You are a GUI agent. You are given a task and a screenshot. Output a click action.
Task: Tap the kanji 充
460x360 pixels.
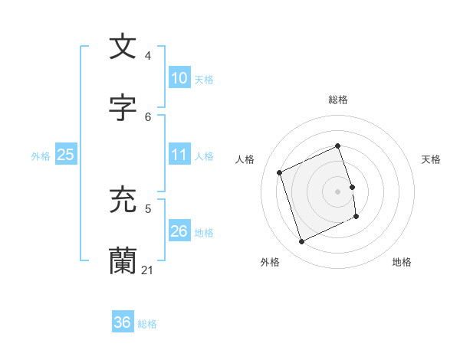pos(123,200)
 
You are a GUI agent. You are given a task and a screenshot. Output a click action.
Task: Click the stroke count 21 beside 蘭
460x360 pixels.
pos(148,270)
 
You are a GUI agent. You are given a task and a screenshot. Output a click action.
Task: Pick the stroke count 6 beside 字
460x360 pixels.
pos(148,116)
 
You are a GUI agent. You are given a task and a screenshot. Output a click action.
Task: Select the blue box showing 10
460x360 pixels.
pos(179,78)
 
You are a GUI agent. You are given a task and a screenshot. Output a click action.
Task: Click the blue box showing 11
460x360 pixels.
pos(179,155)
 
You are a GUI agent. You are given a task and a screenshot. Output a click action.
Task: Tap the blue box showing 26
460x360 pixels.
pos(179,231)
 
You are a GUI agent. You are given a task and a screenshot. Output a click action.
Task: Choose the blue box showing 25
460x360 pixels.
pos(66,155)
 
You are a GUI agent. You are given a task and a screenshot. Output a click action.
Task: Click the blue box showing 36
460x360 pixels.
pos(123,322)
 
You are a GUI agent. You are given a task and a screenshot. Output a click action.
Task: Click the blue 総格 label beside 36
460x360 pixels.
pos(147,324)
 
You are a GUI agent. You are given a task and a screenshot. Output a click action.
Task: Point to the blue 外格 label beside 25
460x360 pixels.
pos(41,156)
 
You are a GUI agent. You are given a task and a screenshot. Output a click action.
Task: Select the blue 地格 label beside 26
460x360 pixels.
pos(204,233)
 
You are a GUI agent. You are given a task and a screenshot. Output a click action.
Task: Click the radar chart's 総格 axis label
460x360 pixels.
pos(338,100)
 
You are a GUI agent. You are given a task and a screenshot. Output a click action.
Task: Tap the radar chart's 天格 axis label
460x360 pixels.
pos(432,159)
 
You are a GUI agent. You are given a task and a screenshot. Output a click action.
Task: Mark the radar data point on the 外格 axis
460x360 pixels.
pos(302,242)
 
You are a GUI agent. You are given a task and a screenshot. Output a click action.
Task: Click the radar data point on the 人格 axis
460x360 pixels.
pos(280,172)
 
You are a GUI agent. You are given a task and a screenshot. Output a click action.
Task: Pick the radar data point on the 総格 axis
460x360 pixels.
pos(338,146)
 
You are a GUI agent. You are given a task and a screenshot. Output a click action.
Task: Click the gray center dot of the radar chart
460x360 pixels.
pos(338,191)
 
